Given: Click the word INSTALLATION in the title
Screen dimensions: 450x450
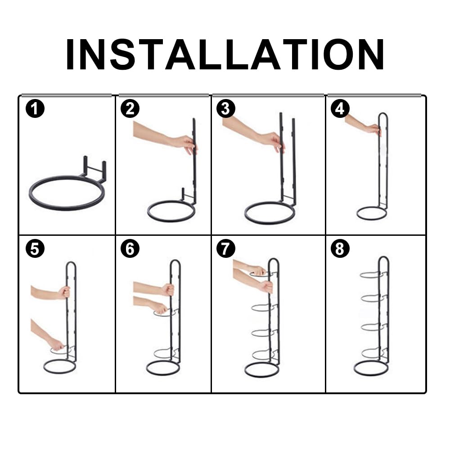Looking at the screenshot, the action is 225,54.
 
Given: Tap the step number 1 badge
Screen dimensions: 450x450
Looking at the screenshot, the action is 35,109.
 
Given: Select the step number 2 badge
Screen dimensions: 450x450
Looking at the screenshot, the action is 130,109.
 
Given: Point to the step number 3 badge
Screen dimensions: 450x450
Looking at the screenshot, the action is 226,109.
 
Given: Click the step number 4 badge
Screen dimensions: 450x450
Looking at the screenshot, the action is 340,109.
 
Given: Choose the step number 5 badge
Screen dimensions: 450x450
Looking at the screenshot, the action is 35,248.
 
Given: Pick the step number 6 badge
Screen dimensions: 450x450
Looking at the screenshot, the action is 130,248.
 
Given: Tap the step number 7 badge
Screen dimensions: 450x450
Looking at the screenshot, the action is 226,248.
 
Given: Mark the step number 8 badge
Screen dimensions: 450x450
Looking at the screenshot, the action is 340,248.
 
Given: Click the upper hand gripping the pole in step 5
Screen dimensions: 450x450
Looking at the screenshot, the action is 64,292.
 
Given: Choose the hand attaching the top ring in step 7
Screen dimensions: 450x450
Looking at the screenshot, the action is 258,270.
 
